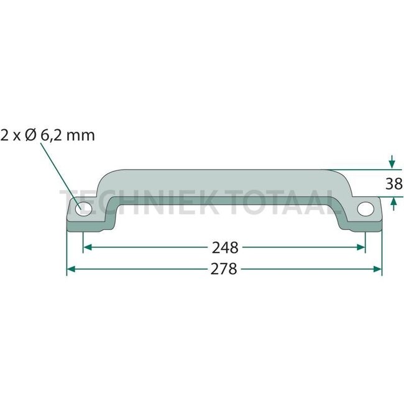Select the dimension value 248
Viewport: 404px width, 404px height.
pyautogui.click(x=224, y=247)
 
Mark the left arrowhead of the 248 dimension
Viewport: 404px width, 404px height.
pyautogui.click(x=87, y=247)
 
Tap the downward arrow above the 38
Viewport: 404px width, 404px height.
pyautogui.click(x=391, y=164)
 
